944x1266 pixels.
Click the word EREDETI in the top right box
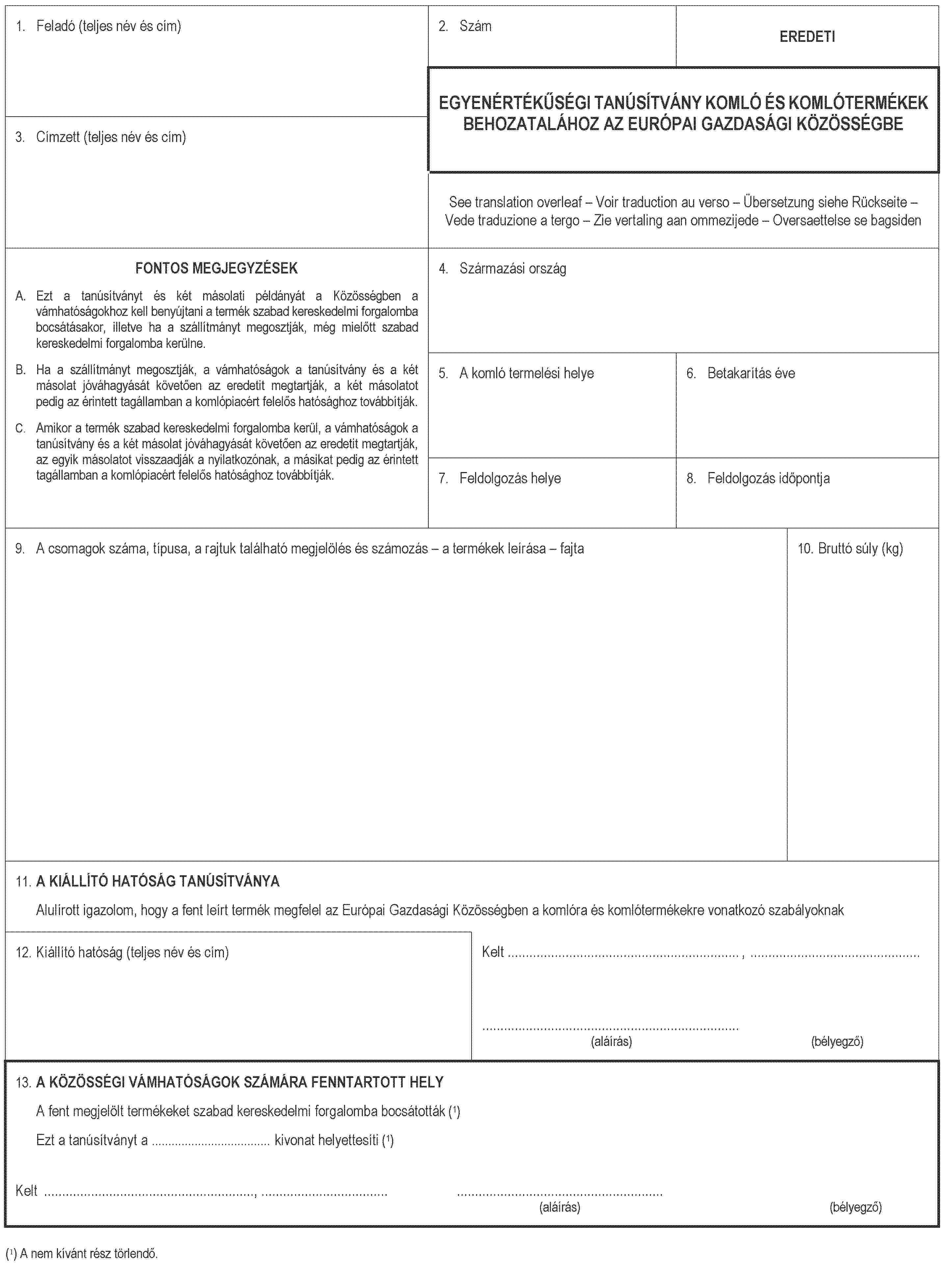(807, 37)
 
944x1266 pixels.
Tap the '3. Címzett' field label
(100, 137)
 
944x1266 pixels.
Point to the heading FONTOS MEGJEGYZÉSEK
(217, 268)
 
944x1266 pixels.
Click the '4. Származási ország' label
(503, 268)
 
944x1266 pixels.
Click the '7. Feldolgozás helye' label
(500, 478)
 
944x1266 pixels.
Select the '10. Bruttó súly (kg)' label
(850, 549)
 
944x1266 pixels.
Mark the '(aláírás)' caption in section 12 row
(611, 1041)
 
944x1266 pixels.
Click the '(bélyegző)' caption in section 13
(855, 1207)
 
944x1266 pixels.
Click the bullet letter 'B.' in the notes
(20, 370)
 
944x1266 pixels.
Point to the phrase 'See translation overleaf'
(515, 202)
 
